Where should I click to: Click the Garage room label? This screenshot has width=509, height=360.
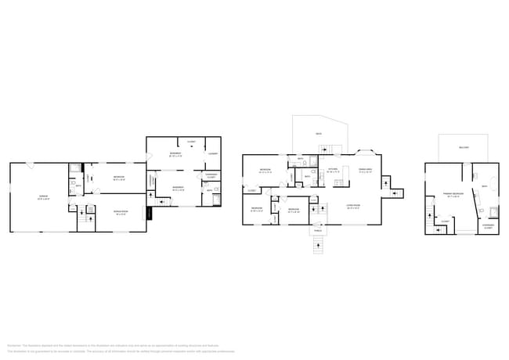(x=44, y=198)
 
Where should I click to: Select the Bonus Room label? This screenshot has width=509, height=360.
(x=121, y=212)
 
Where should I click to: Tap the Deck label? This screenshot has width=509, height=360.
(x=319, y=135)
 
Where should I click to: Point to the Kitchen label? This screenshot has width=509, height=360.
(x=333, y=170)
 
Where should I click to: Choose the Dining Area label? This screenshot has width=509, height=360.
(x=365, y=170)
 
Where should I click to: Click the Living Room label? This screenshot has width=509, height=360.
(x=353, y=207)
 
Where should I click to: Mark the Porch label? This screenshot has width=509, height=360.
(x=317, y=231)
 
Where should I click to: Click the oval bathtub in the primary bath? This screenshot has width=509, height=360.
(x=494, y=211)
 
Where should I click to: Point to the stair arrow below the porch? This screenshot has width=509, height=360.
(x=317, y=247)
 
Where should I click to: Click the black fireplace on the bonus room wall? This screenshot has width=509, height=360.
(x=146, y=213)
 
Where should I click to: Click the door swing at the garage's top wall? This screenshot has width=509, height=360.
(x=30, y=165)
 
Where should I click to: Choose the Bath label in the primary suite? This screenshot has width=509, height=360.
(x=485, y=185)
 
